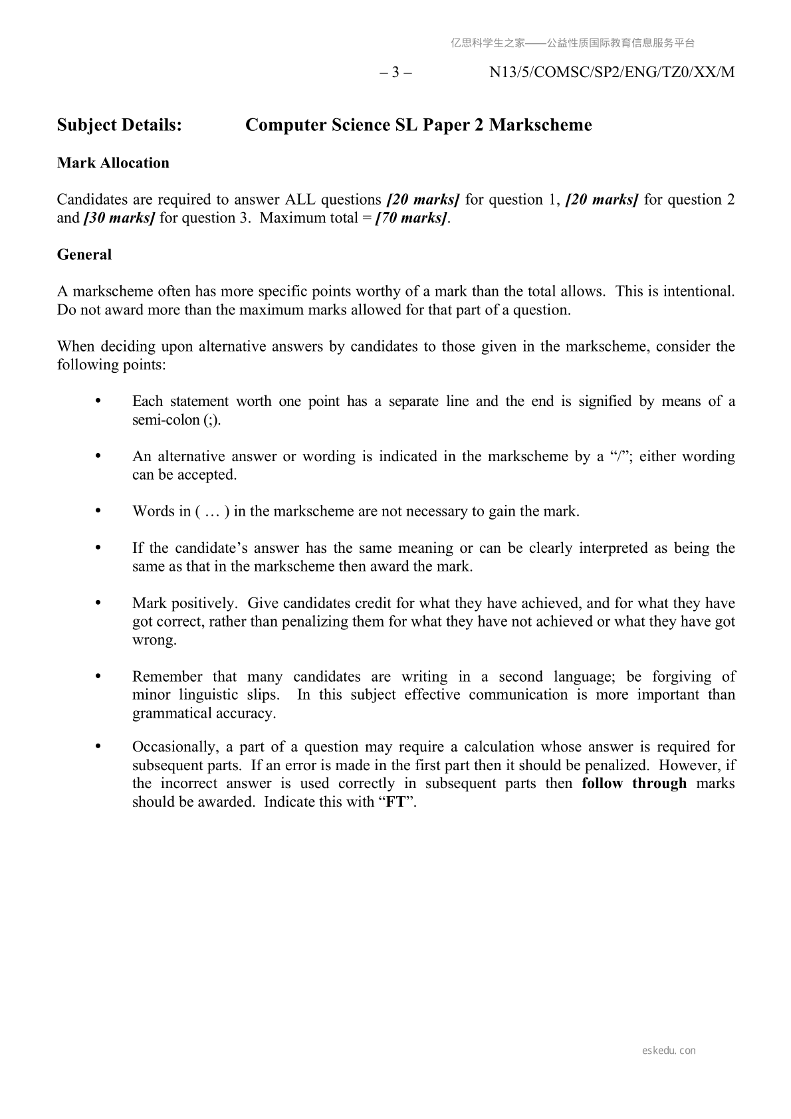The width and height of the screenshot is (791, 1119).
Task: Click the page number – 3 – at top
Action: [x=395, y=72]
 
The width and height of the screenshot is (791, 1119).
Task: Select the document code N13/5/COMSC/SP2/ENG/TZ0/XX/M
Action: [x=612, y=72]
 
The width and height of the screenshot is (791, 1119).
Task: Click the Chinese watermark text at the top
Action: [x=572, y=43]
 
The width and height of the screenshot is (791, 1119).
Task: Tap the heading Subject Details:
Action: [x=120, y=125]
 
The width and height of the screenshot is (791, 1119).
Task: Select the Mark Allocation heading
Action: [x=113, y=163]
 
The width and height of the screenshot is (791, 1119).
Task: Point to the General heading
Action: [x=84, y=254]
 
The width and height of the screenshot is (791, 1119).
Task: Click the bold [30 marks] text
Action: [x=120, y=218]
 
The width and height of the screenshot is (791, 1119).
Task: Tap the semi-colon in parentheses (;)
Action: [x=211, y=420]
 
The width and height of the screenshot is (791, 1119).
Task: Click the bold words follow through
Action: [x=634, y=783]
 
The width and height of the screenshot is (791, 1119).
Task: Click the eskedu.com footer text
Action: [x=669, y=1051]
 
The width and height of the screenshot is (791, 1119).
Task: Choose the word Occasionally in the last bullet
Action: [x=174, y=747]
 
